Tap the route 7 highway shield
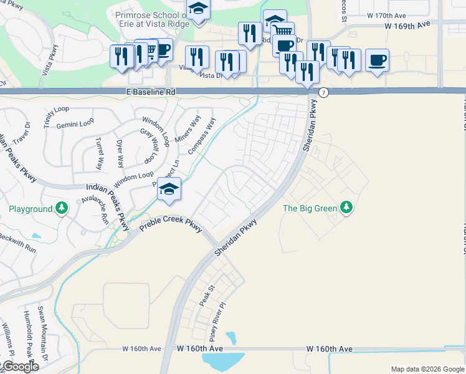tap(323, 92)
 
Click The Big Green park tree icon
tap(347, 208)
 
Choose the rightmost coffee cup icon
tap(377, 60)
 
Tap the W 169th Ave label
tap(407, 26)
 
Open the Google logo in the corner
tap(20, 367)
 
